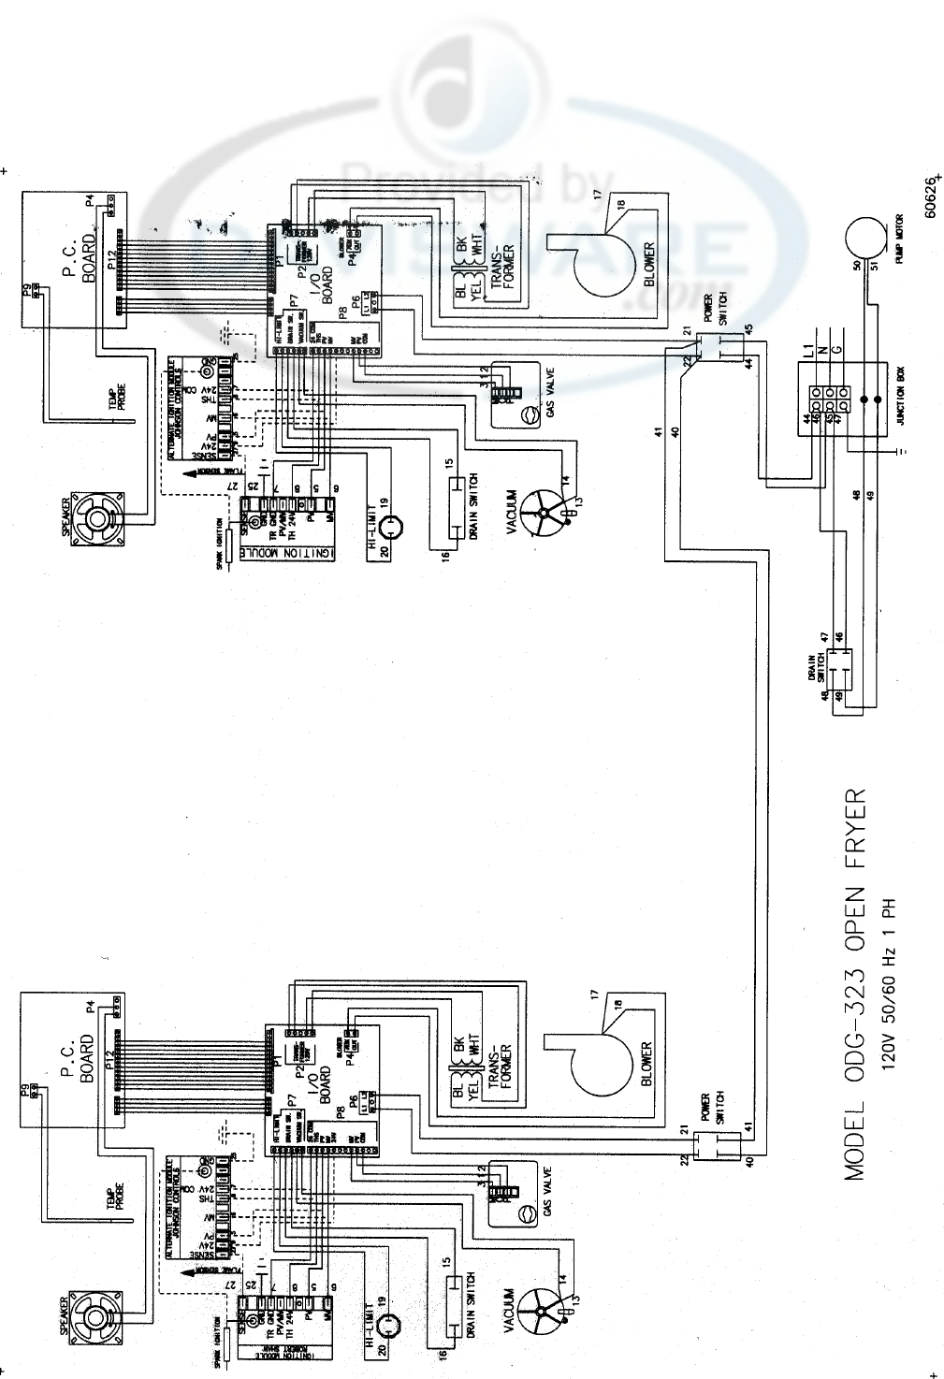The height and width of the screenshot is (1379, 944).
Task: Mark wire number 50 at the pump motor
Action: (856, 265)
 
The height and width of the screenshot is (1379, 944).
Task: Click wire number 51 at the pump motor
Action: (874, 265)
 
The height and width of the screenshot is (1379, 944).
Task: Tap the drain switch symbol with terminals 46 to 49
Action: (835, 670)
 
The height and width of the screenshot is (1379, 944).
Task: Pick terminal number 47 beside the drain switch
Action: (823, 637)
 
